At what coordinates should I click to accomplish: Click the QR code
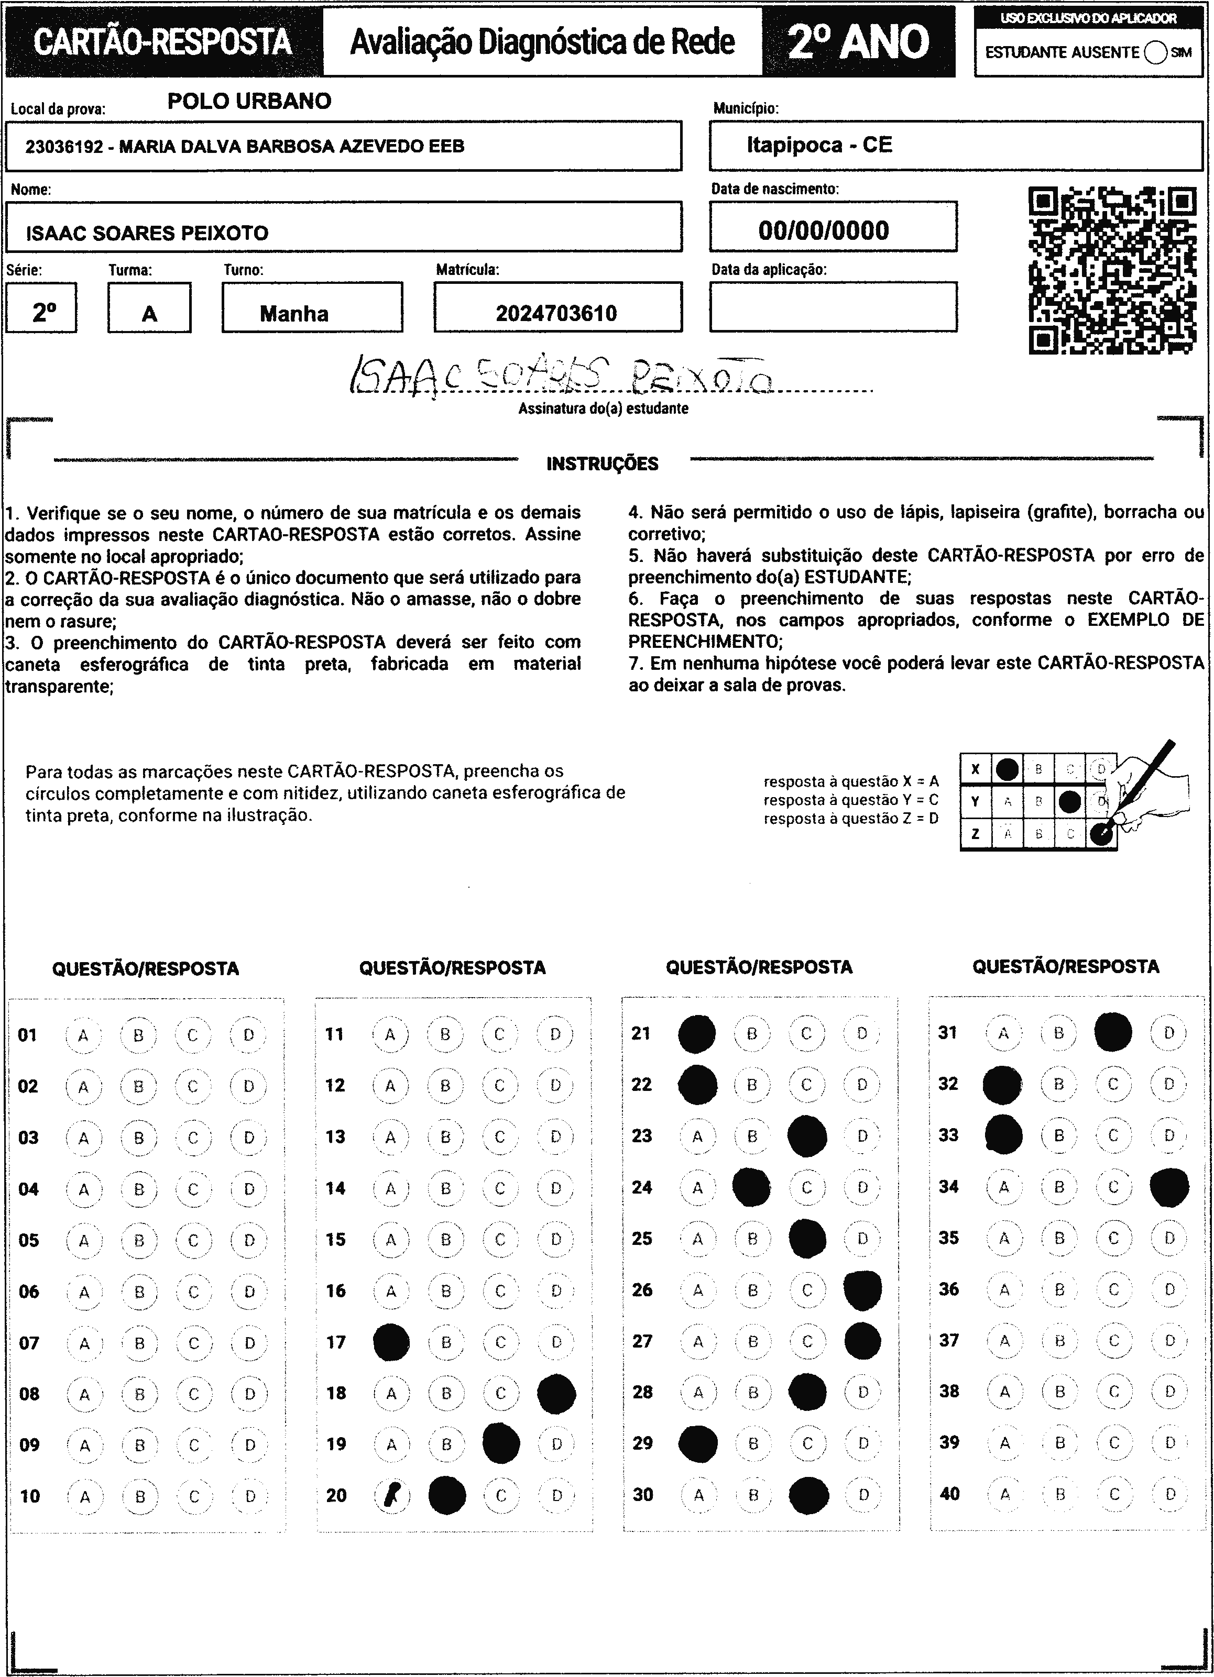(1112, 271)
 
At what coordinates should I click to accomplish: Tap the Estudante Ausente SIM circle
(1154, 52)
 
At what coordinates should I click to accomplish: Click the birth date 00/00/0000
(823, 230)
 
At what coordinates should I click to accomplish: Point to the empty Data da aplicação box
(833, 307)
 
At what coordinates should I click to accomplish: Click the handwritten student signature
(562, 377)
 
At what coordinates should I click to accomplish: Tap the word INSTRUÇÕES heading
(602, 465)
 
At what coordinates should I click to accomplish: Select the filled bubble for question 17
(391, 1342)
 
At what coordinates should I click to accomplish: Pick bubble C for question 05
(194, 1240)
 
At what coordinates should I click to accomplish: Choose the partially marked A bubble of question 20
(391, 1495)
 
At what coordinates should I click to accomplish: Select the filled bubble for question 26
(862, 1290)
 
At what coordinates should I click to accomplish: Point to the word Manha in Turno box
(294, 314)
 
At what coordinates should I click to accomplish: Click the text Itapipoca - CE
(819, 145)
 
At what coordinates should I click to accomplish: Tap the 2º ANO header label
(858, 42)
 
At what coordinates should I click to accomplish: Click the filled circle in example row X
(1007, 769)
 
